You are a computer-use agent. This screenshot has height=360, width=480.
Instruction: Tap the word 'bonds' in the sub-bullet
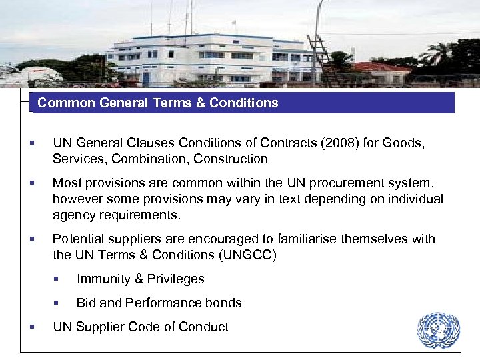(x=223, y=303)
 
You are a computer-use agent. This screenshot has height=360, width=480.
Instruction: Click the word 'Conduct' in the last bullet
(x=204, y=327)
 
